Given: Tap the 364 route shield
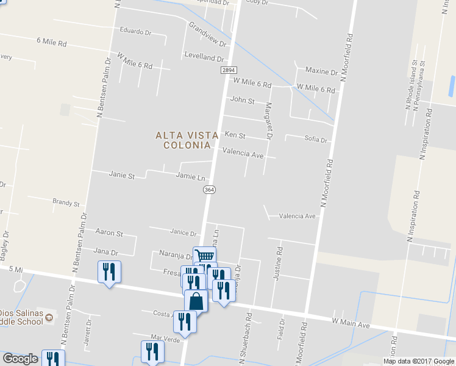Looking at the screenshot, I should (209, 190).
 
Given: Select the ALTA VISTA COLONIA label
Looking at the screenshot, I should (183, 140).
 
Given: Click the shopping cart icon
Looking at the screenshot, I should (204, 257).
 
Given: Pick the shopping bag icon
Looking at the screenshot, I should (196, 301).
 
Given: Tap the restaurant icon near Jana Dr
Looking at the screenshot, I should (109, 271).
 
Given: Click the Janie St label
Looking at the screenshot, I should (121, 175).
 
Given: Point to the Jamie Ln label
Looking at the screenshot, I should (190, 177).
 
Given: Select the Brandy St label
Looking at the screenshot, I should (66, 203).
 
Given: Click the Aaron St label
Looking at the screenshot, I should (110, 233).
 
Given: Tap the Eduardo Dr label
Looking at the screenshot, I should (135, 31).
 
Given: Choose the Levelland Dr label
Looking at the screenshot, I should (204, 57).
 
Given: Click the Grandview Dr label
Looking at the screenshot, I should (208, 35).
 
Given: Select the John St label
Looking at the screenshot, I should (242, 100).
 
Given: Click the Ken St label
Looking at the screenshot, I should (235, 135).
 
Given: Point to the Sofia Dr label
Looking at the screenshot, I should (316, 140).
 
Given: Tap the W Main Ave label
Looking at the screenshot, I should (351, 321).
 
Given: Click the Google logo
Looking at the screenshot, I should (20, 359).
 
